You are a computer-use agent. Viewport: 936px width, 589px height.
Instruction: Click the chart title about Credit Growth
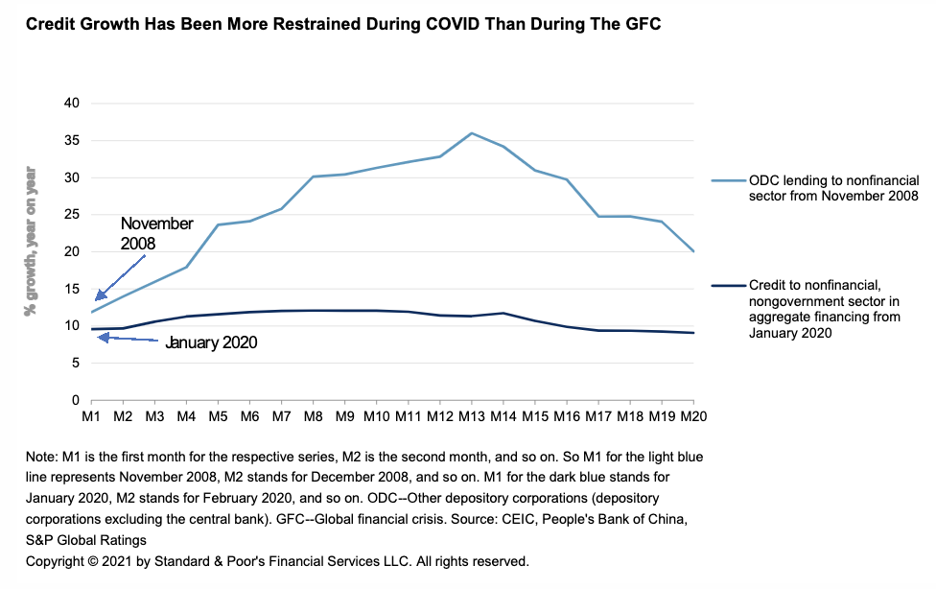tap(342, 23)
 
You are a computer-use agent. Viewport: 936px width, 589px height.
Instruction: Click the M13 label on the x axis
tap(471, 418)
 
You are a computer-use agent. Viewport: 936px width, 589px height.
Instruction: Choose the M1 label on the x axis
tap(91, 418)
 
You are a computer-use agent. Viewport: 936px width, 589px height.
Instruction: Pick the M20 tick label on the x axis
tap(693, 418)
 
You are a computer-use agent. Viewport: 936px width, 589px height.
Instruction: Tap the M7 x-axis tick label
tap(281, 418)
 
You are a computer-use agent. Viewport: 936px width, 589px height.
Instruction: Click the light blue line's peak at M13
tap(471, 133)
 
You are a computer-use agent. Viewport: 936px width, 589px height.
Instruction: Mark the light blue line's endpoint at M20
tap(693, 251)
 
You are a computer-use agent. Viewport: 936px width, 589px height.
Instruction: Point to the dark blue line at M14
tap(503, 313)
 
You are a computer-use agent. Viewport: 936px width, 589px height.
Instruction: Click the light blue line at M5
tap(218, 225)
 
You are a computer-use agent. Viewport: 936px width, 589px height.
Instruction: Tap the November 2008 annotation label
tap(156, 233)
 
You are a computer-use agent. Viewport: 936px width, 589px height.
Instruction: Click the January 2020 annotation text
tap(211, 342)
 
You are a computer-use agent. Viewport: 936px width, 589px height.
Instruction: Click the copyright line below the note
tap(277, 561)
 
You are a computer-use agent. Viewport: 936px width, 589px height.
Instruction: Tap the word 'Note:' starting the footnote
tap(42, 459)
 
